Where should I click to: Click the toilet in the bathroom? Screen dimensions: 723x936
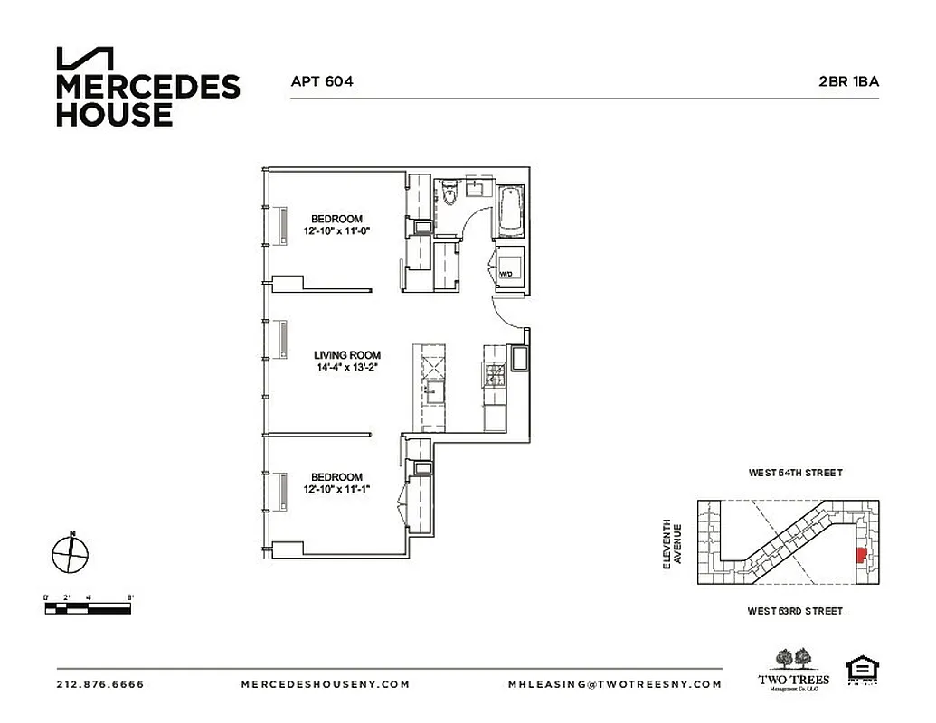click(449, 197)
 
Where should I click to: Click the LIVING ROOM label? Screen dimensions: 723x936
click(347, 355)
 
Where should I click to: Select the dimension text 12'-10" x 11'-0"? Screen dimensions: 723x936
click(337, 231)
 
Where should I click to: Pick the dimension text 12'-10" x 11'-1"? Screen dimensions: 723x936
click(337, 490)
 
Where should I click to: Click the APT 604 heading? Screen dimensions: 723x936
click(321, 81)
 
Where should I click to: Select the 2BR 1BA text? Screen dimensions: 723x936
click(848, 81)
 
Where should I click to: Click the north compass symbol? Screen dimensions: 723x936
click(70, 551)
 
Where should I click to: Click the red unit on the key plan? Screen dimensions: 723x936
click(861, 554)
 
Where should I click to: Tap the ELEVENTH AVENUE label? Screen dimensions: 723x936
click(670, 543)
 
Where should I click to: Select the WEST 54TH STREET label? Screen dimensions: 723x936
click(795, 473)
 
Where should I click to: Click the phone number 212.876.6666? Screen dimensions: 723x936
click(99, 684)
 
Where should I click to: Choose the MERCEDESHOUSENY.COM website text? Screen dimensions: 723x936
click(325, 684)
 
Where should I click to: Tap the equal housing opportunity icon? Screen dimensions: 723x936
click(860, 671)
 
